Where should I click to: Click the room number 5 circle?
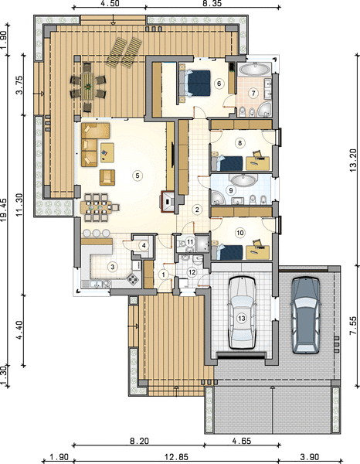138,176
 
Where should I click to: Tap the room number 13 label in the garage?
242,319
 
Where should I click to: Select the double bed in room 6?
195,84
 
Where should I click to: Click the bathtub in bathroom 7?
254,70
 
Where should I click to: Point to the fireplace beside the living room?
168,202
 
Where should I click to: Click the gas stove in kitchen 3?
133,279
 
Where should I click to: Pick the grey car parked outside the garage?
306,316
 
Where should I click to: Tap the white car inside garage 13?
242,312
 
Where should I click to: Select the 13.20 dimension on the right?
353,160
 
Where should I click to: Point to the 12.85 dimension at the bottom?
176,457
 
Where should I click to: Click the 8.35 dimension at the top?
212,3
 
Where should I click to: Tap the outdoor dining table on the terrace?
88,87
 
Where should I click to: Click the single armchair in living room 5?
107,177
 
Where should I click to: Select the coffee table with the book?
107,152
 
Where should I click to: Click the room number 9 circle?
231,190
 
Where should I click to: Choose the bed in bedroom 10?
227,252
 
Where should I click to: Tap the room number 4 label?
144,245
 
